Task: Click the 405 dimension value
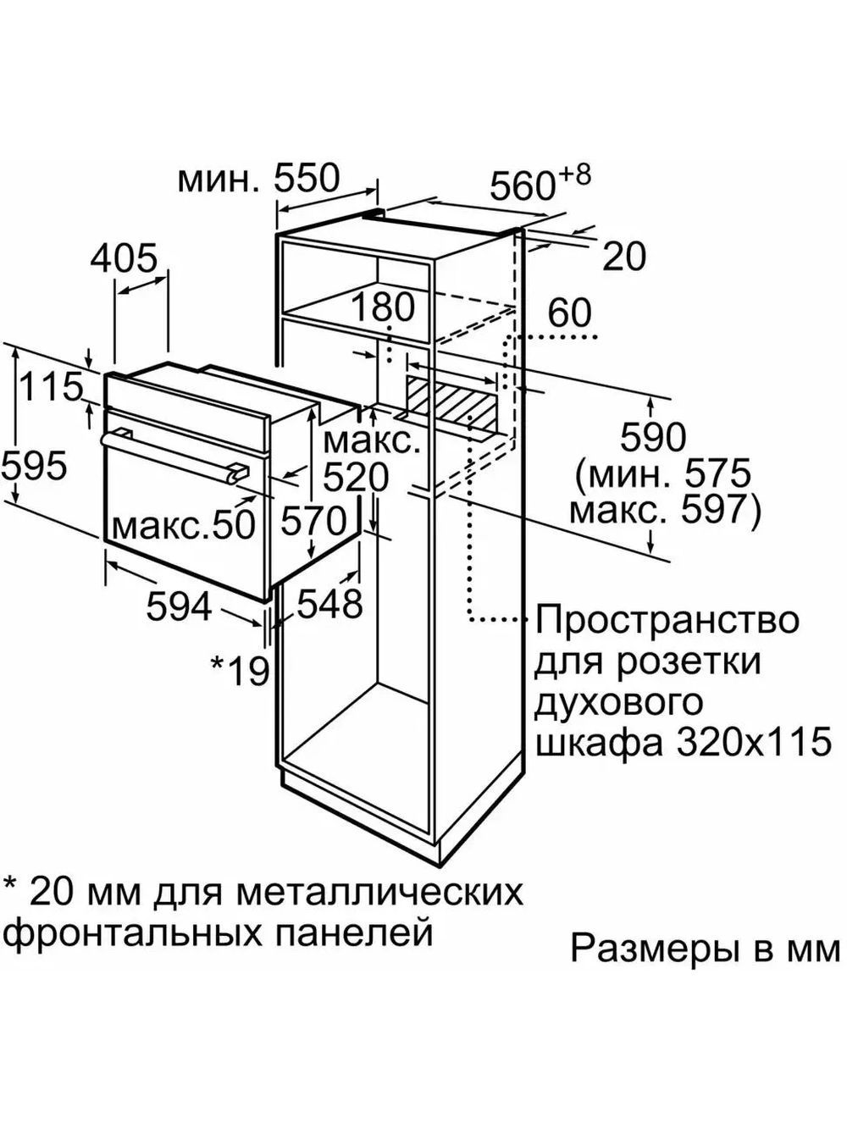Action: pos(124,257)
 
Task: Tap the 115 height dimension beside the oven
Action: pos(51,388)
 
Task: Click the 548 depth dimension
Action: pos(329,603)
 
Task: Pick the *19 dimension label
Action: pos(240,670)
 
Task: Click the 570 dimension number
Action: pos(313,519)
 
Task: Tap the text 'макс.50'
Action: pos(183,525)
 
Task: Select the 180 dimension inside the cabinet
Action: pos(384,308)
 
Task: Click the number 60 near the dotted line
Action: pos(568,313)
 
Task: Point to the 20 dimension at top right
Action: pos(624,256)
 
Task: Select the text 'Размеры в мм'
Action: pos(706,949)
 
